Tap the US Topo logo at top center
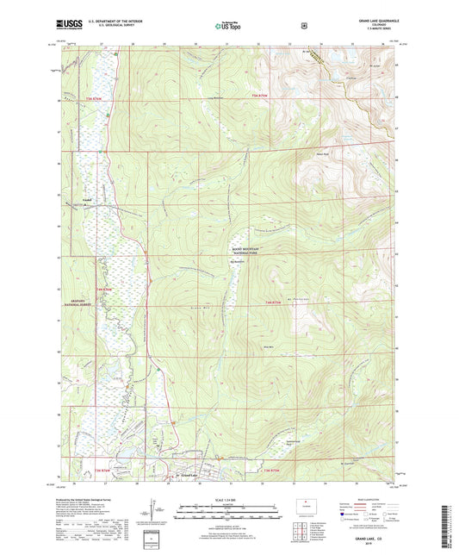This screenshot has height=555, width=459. point(228,26)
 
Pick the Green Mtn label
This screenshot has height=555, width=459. point(198,306)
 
